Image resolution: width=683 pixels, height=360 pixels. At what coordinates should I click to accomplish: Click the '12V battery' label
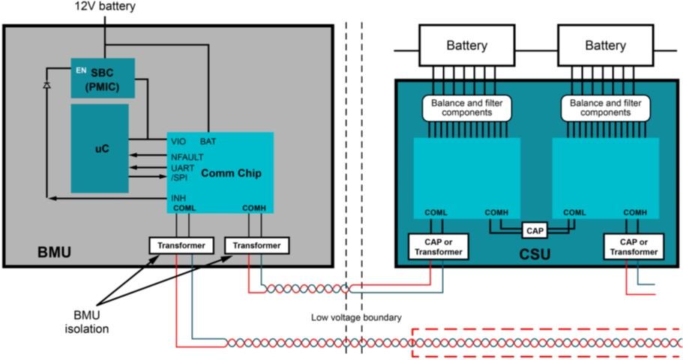105,7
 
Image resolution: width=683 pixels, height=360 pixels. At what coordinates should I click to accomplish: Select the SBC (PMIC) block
103,78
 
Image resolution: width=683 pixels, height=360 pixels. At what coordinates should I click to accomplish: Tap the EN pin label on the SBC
81,70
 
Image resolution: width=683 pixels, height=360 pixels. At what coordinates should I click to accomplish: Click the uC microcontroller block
100,148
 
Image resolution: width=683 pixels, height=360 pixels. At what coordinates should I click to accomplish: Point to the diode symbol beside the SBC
46,85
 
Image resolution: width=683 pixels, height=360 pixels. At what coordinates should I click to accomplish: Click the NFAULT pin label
187,157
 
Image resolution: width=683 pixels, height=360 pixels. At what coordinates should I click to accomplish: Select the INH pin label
178,198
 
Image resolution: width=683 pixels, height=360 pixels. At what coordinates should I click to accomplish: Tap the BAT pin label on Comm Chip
208,141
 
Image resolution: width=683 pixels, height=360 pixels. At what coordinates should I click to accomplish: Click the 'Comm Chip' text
231,173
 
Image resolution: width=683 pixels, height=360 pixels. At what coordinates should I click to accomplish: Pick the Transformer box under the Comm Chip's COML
181,245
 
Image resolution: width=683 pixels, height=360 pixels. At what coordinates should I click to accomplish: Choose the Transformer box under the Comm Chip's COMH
256,245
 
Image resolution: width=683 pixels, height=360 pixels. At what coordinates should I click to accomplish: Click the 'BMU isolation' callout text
87,322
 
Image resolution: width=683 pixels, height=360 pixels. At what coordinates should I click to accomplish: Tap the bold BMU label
55,252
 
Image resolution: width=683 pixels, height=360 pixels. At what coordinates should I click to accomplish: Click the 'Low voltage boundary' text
356,317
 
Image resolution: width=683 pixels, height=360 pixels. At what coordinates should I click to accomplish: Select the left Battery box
467,45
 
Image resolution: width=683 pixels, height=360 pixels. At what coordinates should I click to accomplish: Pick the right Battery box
606,45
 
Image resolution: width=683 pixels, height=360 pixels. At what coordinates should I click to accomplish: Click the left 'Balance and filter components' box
467,108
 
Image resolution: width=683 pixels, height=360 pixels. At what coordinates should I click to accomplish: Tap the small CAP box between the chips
535,230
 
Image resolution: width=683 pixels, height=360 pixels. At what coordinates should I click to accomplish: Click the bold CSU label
535,254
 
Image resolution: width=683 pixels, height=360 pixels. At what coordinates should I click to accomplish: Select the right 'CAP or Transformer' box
634,247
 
